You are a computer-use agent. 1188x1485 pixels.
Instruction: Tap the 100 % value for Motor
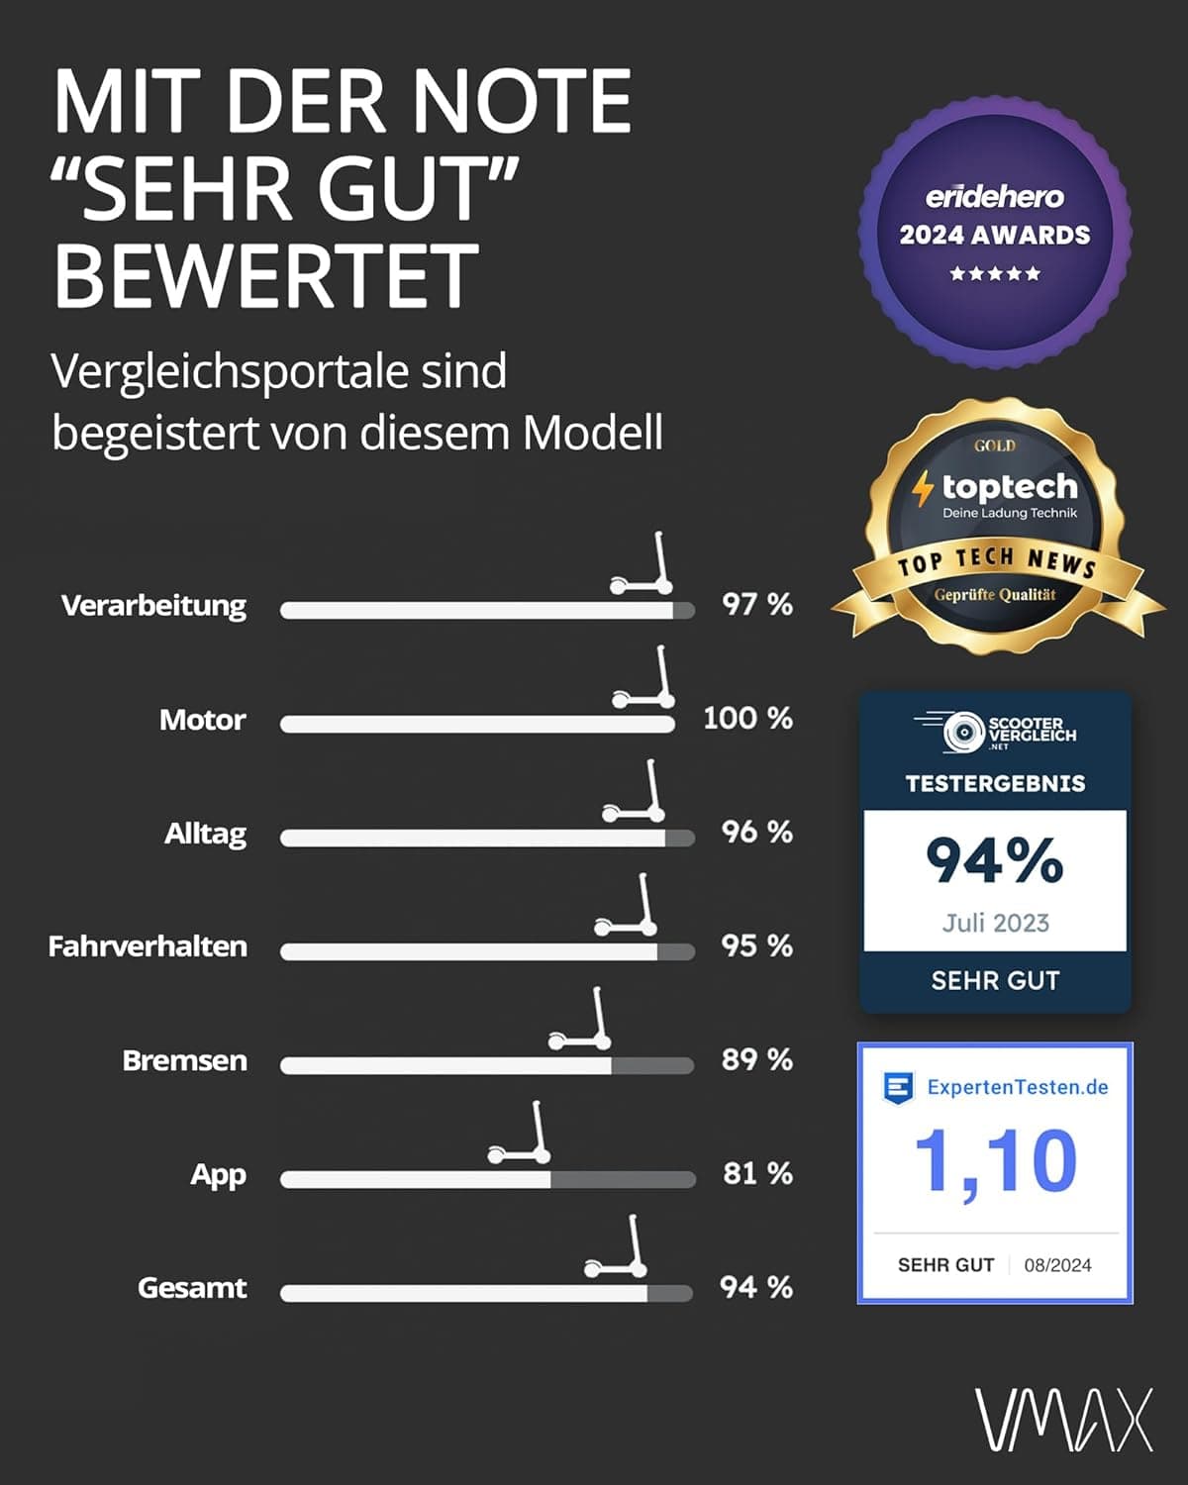pos(748,719)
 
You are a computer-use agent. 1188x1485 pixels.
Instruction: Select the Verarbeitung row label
pos(153,606)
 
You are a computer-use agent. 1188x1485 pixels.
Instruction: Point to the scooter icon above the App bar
pos(519,1133)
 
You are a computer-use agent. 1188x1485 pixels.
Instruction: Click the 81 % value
pos(758,1173)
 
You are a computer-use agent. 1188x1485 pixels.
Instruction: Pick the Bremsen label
pos(184,1060)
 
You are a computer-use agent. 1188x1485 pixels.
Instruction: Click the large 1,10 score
pos(995,1162)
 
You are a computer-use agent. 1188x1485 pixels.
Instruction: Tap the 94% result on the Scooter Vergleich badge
pos(995,859)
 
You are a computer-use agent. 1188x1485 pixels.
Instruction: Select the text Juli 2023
pos(995,923)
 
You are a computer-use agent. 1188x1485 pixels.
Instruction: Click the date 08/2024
pos(1057,1265)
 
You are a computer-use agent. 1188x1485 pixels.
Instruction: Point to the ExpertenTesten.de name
pos(1018,1088)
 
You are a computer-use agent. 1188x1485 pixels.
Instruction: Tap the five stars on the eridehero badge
pos(995,274)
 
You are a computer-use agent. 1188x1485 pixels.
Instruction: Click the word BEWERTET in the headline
pos(265,274)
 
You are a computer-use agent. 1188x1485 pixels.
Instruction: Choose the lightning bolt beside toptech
pos(923,488)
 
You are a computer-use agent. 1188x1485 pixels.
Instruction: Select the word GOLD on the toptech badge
pos(995,445)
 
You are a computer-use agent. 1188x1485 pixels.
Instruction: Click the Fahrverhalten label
pos(148,946)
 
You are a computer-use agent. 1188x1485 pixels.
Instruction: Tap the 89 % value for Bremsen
pos(757,1060)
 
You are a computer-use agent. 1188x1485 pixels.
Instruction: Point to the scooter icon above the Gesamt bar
pos(616,1246)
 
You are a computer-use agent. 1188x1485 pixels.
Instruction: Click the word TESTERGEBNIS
pos(995,783)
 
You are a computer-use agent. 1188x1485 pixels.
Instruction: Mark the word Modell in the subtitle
pos(593,433)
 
